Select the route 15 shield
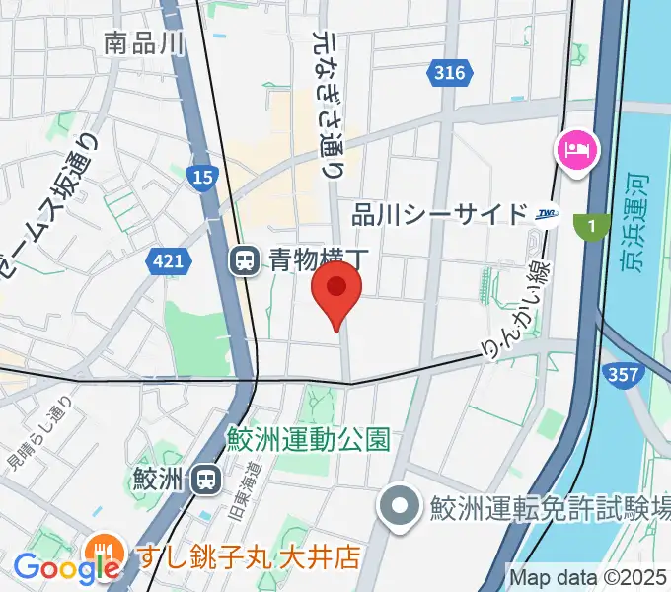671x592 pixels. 200,176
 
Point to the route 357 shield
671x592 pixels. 625,374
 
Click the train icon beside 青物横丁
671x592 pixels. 243,260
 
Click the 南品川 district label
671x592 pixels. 144,43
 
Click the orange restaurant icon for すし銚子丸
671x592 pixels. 104,550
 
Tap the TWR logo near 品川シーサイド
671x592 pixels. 548,214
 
